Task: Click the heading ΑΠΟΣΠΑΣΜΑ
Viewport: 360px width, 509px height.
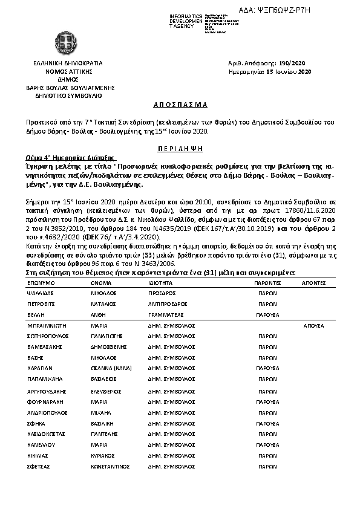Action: (179, 104)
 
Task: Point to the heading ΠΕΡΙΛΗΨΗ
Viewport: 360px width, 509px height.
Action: (179, 148)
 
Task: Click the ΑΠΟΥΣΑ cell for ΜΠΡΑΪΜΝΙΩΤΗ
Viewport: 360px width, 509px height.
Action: (314, 325)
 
